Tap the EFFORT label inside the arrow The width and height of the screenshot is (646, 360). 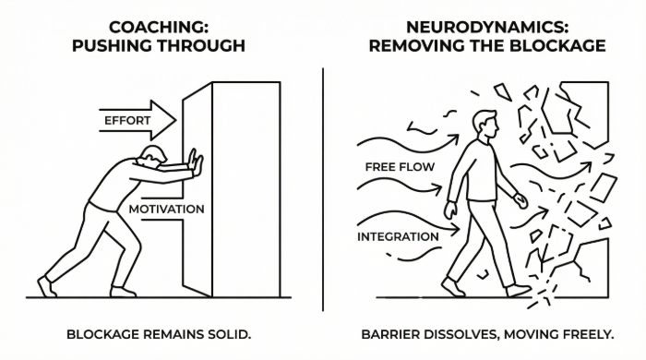(x=127, y=121)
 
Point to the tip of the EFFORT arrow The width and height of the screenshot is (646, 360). (x=176, y=120)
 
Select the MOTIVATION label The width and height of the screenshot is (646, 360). (x=166, y=210)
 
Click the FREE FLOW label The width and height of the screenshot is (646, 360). (x=400, y=167)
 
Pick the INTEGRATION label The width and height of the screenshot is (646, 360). (x=398, y=237)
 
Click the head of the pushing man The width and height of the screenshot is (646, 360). (x=153, y=155)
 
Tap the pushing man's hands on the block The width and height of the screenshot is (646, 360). (x=196, y=164)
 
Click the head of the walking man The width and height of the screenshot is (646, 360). (x=485, y=124)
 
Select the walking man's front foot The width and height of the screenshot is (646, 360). (x=519, y=291)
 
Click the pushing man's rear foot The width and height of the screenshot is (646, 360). (x=47, y=286)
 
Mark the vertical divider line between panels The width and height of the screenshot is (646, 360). (x=323, y=189)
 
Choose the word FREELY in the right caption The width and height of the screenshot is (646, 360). (x=587, y=334)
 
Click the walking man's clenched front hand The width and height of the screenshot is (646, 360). (x=520, y=201)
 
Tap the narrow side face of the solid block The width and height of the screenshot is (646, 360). (x=197, y=189)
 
